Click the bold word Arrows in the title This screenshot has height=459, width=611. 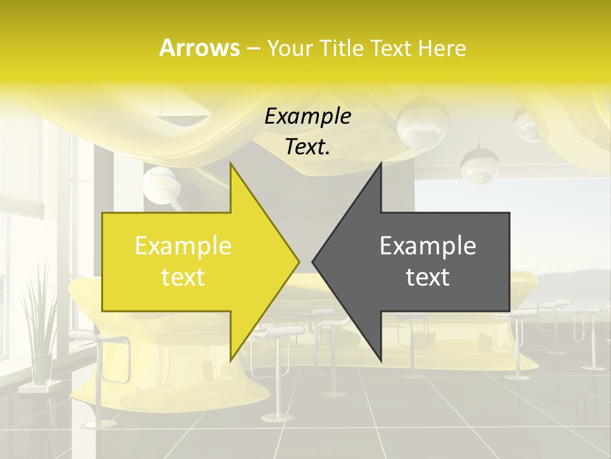pos(199,48)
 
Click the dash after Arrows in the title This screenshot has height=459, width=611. pos(253,48)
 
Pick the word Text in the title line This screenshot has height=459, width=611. pos(390,48)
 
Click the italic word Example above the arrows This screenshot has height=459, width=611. pos(308,116)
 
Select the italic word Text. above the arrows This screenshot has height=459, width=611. pos(308,147)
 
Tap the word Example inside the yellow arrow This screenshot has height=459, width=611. pos(183,246)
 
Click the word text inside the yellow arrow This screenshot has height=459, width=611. pos(183,277)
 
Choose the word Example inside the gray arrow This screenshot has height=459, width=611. pos(428,246)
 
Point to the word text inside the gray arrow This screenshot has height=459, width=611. pos(428,277)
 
